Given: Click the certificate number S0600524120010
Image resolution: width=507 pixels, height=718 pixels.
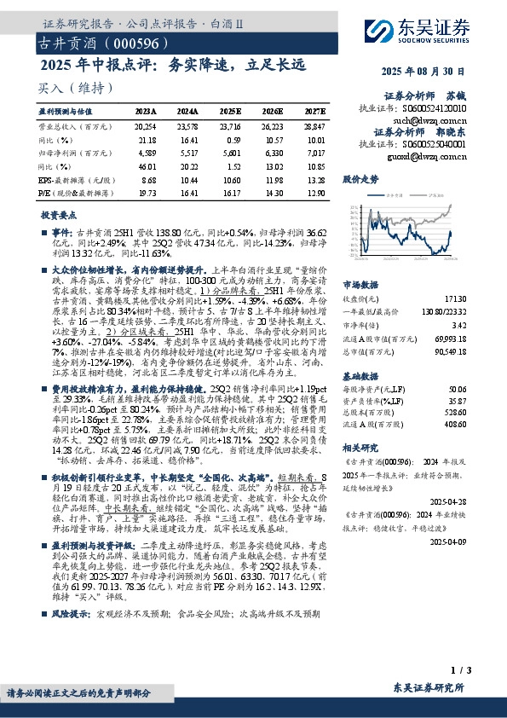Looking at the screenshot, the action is (435, 108).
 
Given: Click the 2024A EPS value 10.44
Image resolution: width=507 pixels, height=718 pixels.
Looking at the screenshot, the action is (181, 180).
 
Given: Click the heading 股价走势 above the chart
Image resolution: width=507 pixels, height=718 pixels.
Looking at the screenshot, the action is (360, 181).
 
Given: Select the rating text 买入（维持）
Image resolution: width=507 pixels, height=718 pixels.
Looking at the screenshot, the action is (76, 88).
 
